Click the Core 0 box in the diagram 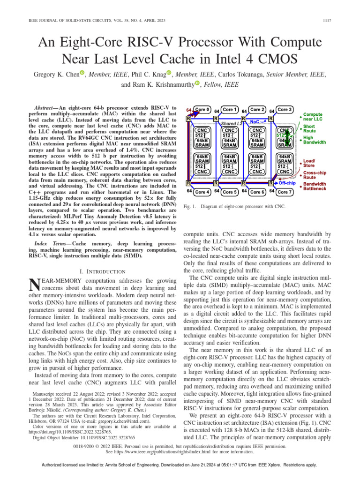tap(203, 110)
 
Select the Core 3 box tap(285, 110)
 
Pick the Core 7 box tap(285, 191)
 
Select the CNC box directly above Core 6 tap(257, 172)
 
